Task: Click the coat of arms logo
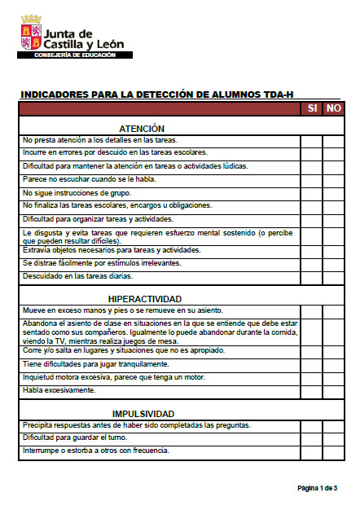(x=30, y=32)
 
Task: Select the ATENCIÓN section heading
(x=142, y=129)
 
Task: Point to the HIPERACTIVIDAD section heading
(x=142, y=299)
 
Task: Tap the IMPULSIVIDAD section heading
(x=142, y=413)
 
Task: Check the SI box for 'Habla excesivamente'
(x=312, y=390)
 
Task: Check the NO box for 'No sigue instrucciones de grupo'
(x=333, y=193)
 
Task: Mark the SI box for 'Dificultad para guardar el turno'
(x=312, y=438)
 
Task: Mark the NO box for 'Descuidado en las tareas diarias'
(x=333, y=276)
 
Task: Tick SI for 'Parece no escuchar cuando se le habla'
(x=312, y=179)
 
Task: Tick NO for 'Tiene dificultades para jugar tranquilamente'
(x=333, y=364)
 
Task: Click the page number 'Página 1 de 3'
(x=316, y=487)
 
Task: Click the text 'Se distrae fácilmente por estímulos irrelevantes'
(x=102, y=263)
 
